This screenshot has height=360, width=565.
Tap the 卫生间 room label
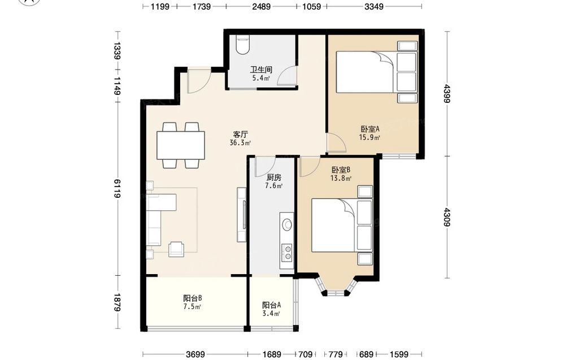click(x=261, y=70)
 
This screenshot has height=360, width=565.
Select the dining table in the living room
click(x=181, y=145)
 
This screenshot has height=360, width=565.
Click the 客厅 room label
click(x=240, y=135)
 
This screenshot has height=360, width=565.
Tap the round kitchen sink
click(x=287, y=225)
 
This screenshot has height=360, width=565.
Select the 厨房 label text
click(x=274, y=177)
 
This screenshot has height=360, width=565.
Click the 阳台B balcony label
click(x=193, y=298)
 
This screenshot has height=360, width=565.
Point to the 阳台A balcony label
click(x=271, y=305)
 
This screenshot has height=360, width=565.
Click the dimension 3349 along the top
click(x=373, y=6)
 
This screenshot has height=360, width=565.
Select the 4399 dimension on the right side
click(x=447, y=94)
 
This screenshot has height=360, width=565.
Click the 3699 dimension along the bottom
click(x=195, y=354)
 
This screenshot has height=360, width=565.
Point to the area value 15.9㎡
click(x=370, y=137)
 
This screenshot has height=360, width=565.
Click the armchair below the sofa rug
click(x=176, y=249)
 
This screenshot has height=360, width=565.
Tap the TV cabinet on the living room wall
click(x=242, y=215)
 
